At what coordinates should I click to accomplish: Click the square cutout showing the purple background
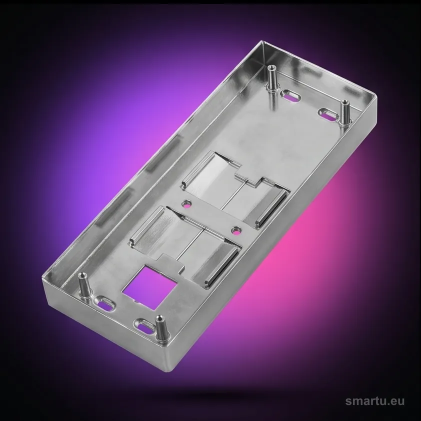[x=149, y=286]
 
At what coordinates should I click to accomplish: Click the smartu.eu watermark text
[x=375, y=401]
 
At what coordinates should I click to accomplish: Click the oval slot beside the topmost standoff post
[x=290, y=95]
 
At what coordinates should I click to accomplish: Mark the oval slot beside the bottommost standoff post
[x=145, y=325]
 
